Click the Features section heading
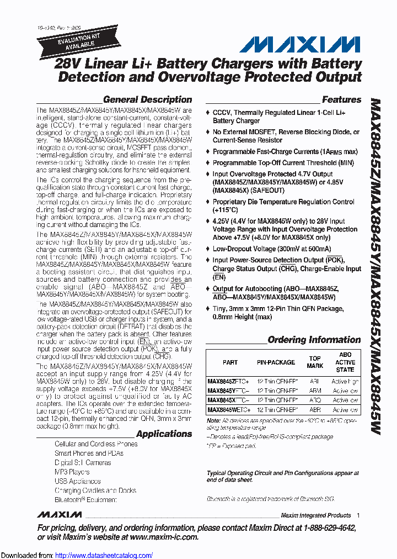(341, 100)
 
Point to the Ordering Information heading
(314, 340)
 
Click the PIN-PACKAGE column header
(276, 362)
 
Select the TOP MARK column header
(315, 362)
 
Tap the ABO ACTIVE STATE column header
(345, 362)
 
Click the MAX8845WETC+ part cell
(229, 410)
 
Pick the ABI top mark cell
(315, 382)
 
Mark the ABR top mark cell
(315, 410)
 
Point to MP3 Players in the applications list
(72, 472)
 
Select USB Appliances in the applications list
(77, 481)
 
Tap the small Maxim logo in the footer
(60, 515)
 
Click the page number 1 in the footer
(358, 515)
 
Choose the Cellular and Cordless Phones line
(96, 444)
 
